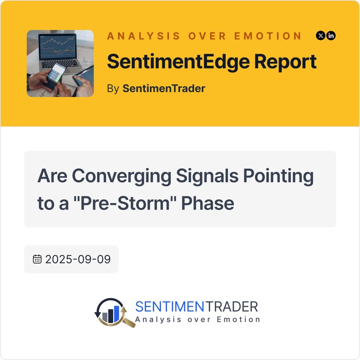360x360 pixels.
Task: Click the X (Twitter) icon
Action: [321, 36]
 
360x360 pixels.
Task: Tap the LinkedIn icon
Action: [331, 36]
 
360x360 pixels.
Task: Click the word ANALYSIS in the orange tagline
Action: [144, 36]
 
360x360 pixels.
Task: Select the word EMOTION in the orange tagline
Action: [268, 36]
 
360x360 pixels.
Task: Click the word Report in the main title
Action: [286, 62]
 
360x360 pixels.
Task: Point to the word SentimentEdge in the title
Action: [179, 62]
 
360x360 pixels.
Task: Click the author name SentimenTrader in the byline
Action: [164, 88]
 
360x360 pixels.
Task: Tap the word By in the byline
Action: [113, 89]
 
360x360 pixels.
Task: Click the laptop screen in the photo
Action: [58, 46]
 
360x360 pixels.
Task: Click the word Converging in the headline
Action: [121, 177]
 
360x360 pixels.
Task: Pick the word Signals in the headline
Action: [207, 177]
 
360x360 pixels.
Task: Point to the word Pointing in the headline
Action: [278, 177]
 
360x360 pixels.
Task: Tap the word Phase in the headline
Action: [207, 203]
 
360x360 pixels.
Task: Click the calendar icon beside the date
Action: [37, 259]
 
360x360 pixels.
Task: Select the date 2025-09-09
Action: [78, 259]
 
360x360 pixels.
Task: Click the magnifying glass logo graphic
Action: [114, 312]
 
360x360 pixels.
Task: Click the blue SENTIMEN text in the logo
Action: [169, 307]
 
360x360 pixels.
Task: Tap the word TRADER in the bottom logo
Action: [231, 307]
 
